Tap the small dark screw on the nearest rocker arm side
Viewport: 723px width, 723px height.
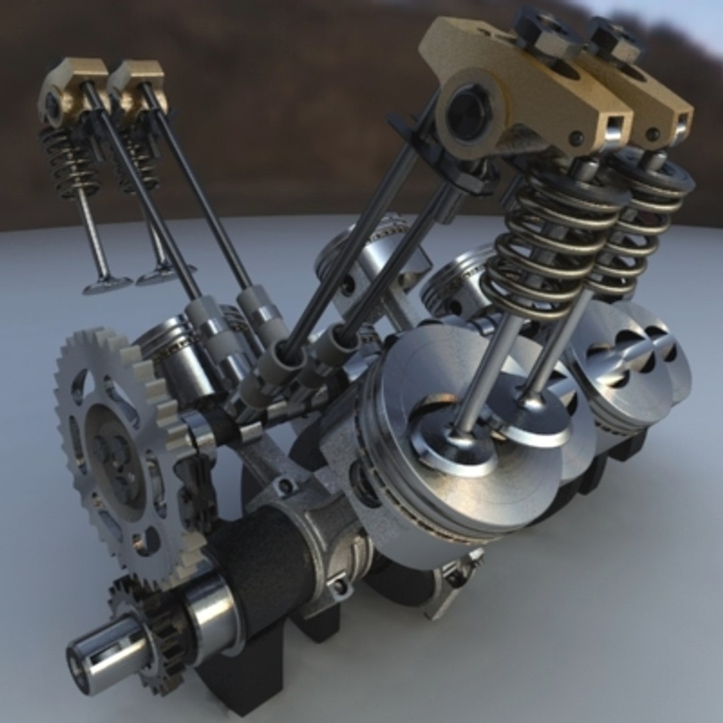click(574, 139)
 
